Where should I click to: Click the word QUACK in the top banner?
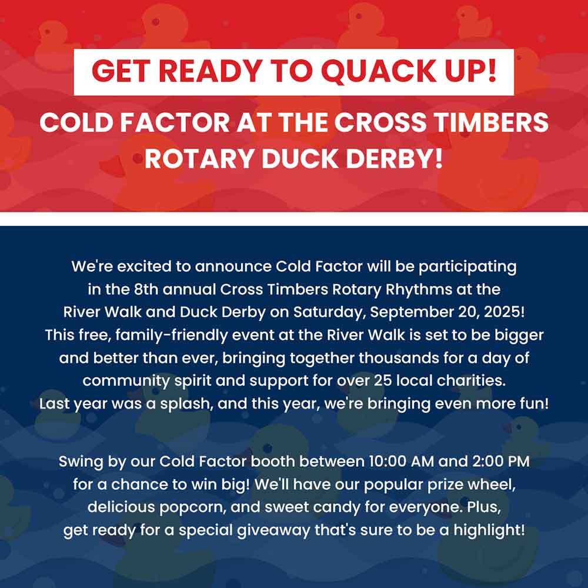pyautogui.click(x=379, y=71)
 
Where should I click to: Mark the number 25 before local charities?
pyautogui.click(x=383, y=381)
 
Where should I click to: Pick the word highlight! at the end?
pyautogui.click(x=489, y=530)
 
